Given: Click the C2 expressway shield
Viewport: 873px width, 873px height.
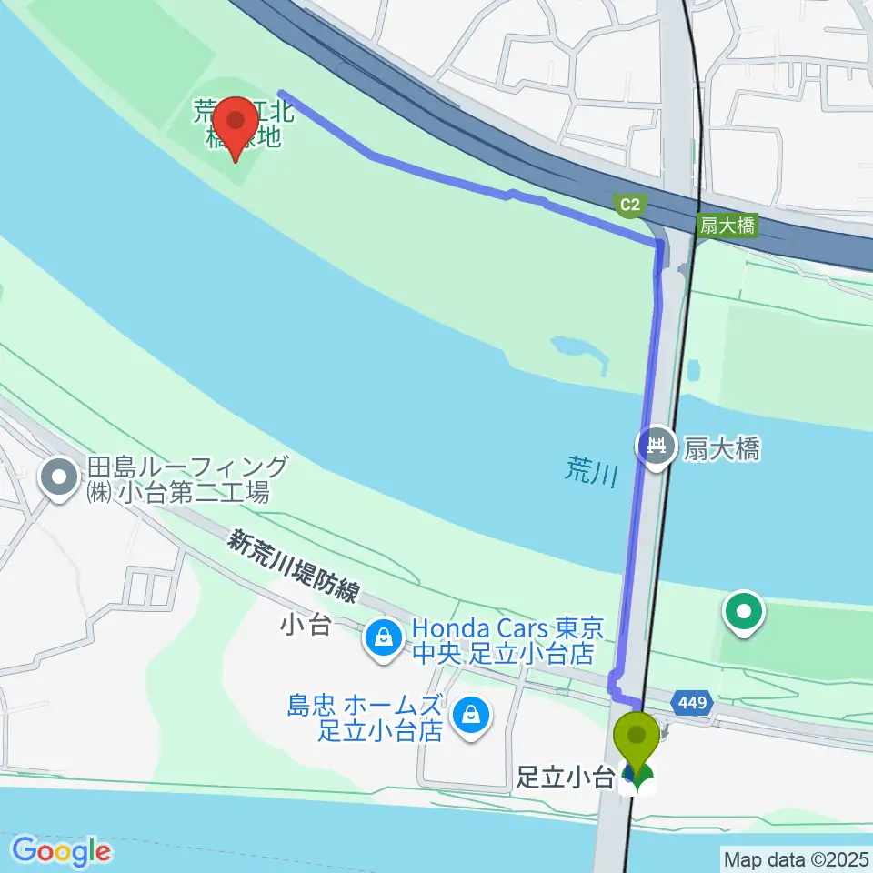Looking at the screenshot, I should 629,206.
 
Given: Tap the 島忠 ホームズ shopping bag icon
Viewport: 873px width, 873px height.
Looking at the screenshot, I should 472,714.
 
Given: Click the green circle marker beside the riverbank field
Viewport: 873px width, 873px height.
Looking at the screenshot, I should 744,611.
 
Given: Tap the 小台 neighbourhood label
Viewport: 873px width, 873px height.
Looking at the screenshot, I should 305,627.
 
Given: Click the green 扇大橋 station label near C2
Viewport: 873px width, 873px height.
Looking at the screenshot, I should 727,226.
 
